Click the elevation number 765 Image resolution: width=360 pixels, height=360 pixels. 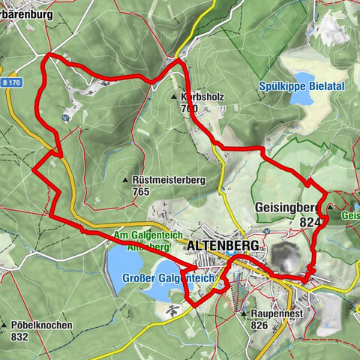tap(140, 192)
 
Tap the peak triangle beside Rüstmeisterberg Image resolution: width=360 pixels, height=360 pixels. tap(125, 181)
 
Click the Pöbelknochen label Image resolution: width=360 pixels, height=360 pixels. tap(41, 325)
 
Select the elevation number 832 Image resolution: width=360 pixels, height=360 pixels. tap(21, 337)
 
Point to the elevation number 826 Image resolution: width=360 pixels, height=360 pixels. tap(259, 325)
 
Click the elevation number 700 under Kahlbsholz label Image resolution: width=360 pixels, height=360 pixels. tap(189, 109)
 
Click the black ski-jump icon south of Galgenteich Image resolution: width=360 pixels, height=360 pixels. tap(172, 309)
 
